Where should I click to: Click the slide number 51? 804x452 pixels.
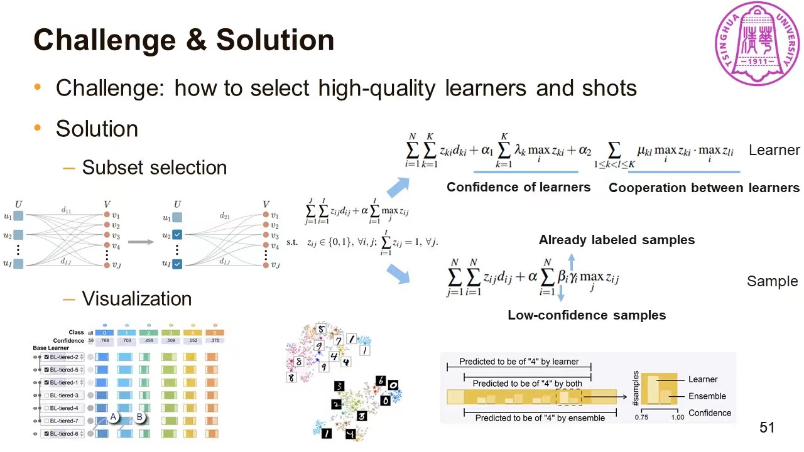767,428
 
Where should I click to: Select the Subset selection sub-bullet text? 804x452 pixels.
154,168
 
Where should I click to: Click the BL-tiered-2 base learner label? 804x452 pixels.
64,357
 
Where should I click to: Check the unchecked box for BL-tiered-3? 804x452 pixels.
46,395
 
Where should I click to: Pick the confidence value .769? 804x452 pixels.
105,341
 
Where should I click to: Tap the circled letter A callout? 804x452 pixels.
114,417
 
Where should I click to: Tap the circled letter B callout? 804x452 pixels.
139,417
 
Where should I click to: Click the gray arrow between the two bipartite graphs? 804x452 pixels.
141,242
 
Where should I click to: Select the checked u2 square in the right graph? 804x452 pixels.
177,235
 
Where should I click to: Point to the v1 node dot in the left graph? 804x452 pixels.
107,215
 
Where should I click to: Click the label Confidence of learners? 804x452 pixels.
518,187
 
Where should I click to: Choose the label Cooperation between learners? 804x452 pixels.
703,188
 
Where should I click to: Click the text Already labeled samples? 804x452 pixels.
616,240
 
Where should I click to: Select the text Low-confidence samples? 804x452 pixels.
587,315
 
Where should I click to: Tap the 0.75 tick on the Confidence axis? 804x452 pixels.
641,417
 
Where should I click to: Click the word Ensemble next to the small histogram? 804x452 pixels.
707,396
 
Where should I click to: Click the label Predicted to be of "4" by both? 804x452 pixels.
527,384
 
